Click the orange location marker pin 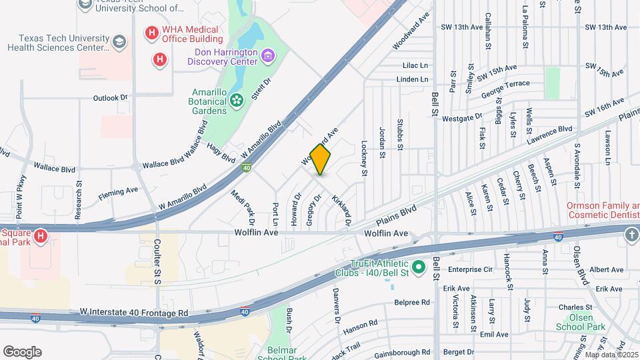[321, 159]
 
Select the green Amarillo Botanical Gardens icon [236, 101]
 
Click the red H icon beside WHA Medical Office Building [152, 32]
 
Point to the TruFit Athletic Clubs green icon [418, 268]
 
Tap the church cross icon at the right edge [631, 235]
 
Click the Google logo [22, 352]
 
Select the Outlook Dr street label [110, 98]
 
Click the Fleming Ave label [118, 194]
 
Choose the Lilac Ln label [415, 66]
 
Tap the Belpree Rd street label [412, 302]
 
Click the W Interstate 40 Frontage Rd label [134, 312]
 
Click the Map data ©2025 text [611, 354]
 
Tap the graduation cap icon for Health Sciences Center [119, 43]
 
